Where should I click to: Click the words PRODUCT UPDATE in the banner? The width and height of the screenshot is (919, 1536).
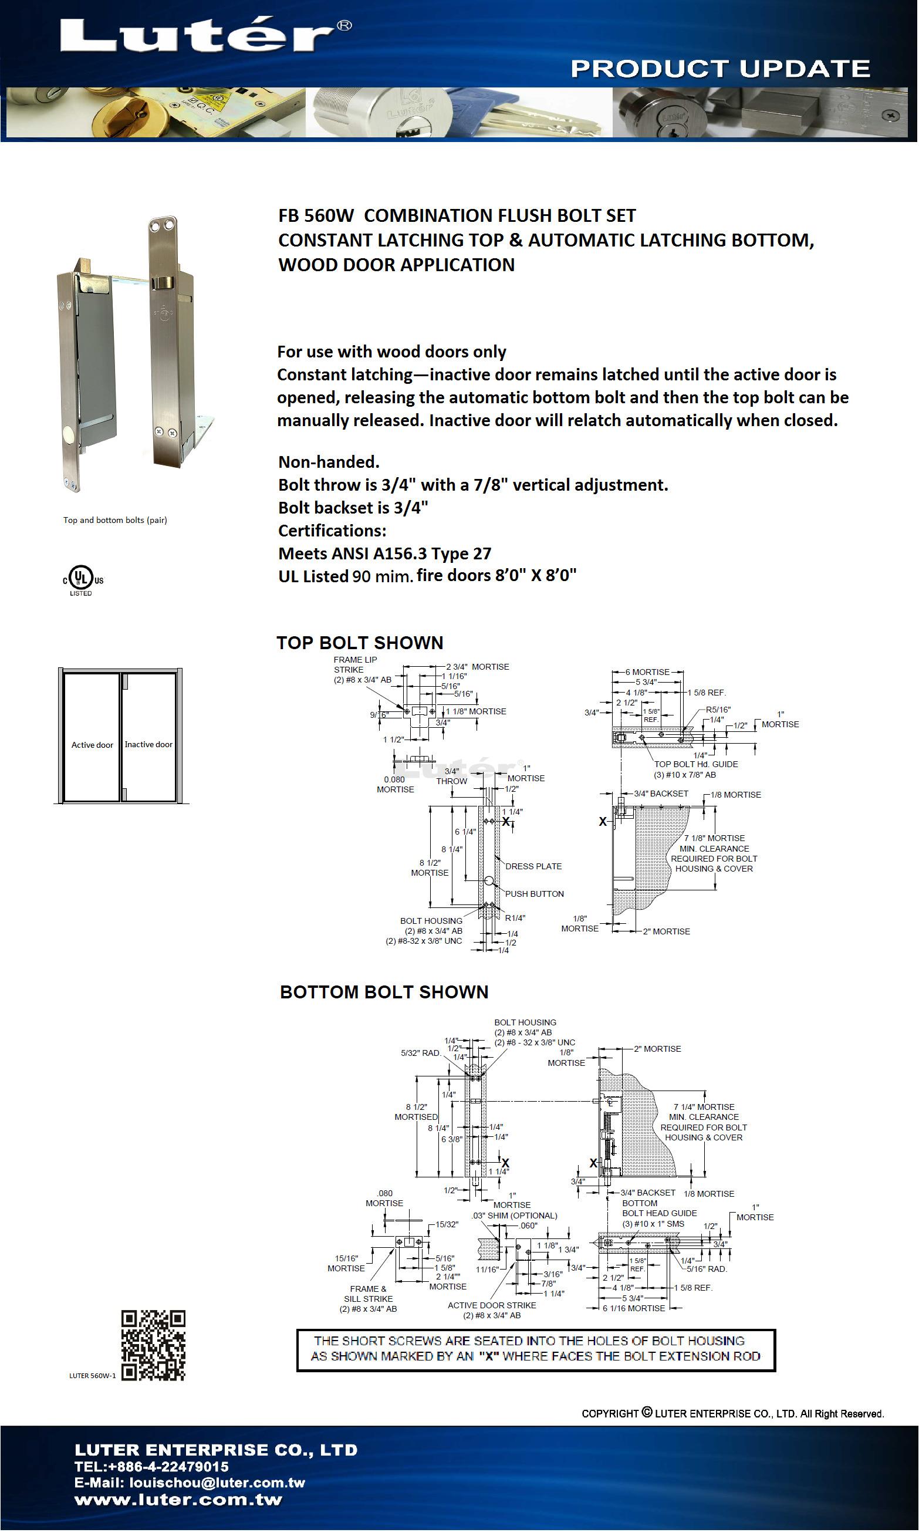point(720,69)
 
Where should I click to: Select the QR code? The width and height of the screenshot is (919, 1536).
point(153,1345)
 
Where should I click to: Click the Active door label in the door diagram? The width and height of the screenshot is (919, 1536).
point(92,745)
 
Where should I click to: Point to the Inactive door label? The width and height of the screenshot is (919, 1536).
point(148,744)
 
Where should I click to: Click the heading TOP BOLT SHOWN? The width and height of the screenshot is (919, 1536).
point(360,643)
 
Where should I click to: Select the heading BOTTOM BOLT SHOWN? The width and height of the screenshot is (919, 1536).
point(384,992)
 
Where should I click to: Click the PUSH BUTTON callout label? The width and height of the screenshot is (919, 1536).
point(535,894)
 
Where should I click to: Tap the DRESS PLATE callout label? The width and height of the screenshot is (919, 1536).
point(533,866)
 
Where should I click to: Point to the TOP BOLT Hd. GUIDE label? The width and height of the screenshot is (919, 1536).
point(696,764)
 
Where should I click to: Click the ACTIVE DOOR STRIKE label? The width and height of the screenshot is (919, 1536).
point(492,1305)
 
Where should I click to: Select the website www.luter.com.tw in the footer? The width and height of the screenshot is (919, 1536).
point(178,1500)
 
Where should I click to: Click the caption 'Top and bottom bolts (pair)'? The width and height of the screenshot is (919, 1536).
point(115,520)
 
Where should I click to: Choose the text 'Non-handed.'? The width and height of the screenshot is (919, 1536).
point(329,462)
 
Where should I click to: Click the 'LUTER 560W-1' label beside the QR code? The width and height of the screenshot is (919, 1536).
point(92,1376)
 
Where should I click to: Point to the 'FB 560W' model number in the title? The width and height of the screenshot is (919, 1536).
point(316,215)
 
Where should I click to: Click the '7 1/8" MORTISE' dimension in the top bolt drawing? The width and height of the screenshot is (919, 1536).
point(714,838)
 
